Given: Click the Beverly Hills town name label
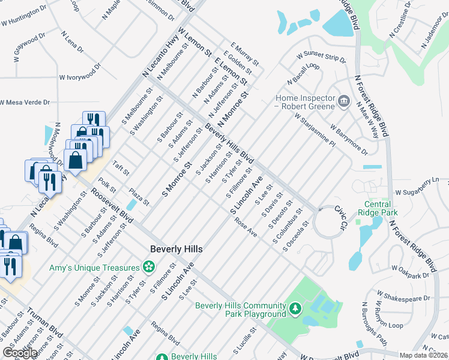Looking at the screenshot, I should (176, 249).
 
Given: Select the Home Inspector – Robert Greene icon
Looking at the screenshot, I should (343, 100).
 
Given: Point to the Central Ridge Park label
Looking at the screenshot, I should (378, 208).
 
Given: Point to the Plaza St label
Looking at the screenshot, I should (139, 197).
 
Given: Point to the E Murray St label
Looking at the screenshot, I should (244, 54).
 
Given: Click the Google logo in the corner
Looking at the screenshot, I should (20, 353).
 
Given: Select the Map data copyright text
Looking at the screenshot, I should (424, 355).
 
